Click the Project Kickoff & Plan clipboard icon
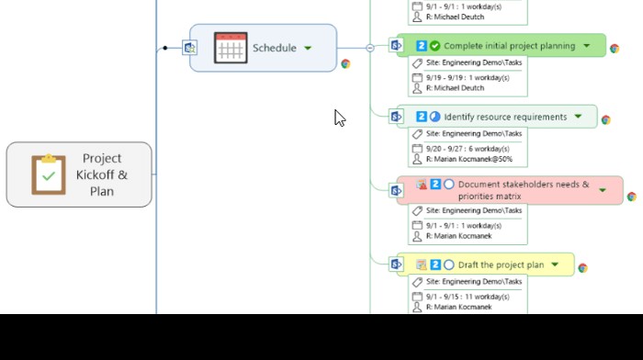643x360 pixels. click(x=48, y=174)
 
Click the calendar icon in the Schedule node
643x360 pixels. click(x=231, y=48)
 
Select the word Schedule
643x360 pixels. click(x=274, y=48)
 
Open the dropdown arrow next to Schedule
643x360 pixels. click(x=308, y=48)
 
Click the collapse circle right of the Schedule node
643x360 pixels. click(x=370, y=48)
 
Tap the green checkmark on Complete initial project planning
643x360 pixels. click(x=434, y=46)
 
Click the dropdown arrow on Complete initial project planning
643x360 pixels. click(x=588, y=46)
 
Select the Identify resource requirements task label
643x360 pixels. click(x=505, y=117)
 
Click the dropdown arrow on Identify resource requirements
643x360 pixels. click(x=578, y=117)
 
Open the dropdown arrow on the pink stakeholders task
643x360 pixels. click(x=603, y=190)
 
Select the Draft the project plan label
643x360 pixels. click(x=501, y=264)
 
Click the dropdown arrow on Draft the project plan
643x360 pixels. click(x=555, y=264)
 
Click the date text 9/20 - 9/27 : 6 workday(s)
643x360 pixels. click(x=468, y=149)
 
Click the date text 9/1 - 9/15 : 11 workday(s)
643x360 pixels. click(x=468, y=297)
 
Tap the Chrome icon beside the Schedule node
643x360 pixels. click(x=345, y=64)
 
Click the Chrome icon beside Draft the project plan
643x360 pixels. click(x=582, y=268)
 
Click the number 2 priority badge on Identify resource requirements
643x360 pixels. click(x=422, y=117)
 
